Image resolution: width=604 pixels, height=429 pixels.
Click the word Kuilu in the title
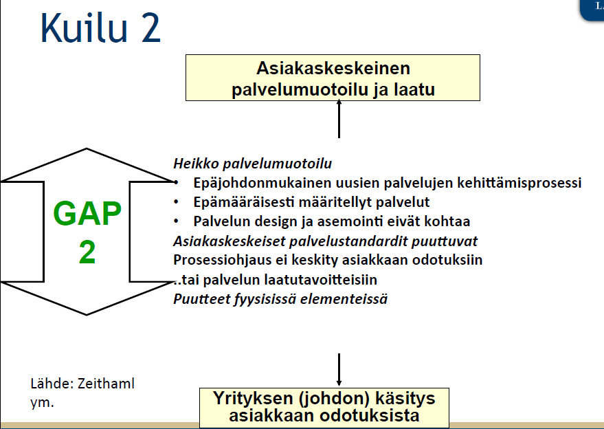tap(84, 27)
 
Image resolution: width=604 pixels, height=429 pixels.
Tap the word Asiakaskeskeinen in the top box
tap(333, 68)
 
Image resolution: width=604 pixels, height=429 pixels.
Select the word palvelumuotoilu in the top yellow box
tap(300, 90)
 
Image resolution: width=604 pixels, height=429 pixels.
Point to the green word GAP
tap(87, 213)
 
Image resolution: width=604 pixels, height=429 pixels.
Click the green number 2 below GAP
tap(87, 252)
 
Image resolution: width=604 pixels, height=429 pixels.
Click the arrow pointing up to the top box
tap(339, 118)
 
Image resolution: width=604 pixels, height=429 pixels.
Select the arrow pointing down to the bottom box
tap(339, 370)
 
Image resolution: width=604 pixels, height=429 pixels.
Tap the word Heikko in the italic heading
tap(196, 164)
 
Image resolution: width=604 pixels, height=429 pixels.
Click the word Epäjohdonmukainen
tap(262, 183)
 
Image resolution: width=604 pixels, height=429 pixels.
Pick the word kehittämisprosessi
tap(519, 183)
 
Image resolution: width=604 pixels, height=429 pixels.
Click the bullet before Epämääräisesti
tap(176, 201)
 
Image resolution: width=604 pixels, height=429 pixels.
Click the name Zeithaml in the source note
tap(106, 384)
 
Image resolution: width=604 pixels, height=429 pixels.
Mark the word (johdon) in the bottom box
tap(333, 398)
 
